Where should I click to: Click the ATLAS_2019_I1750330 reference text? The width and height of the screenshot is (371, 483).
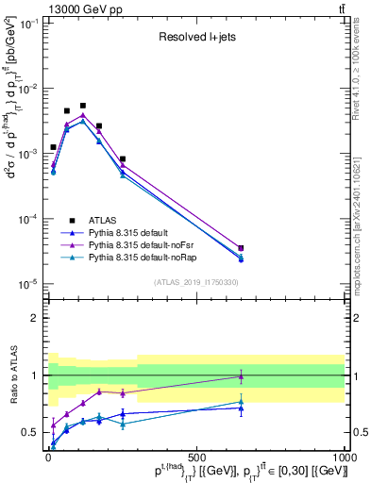196,282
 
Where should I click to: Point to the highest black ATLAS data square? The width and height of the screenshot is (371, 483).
83,106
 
